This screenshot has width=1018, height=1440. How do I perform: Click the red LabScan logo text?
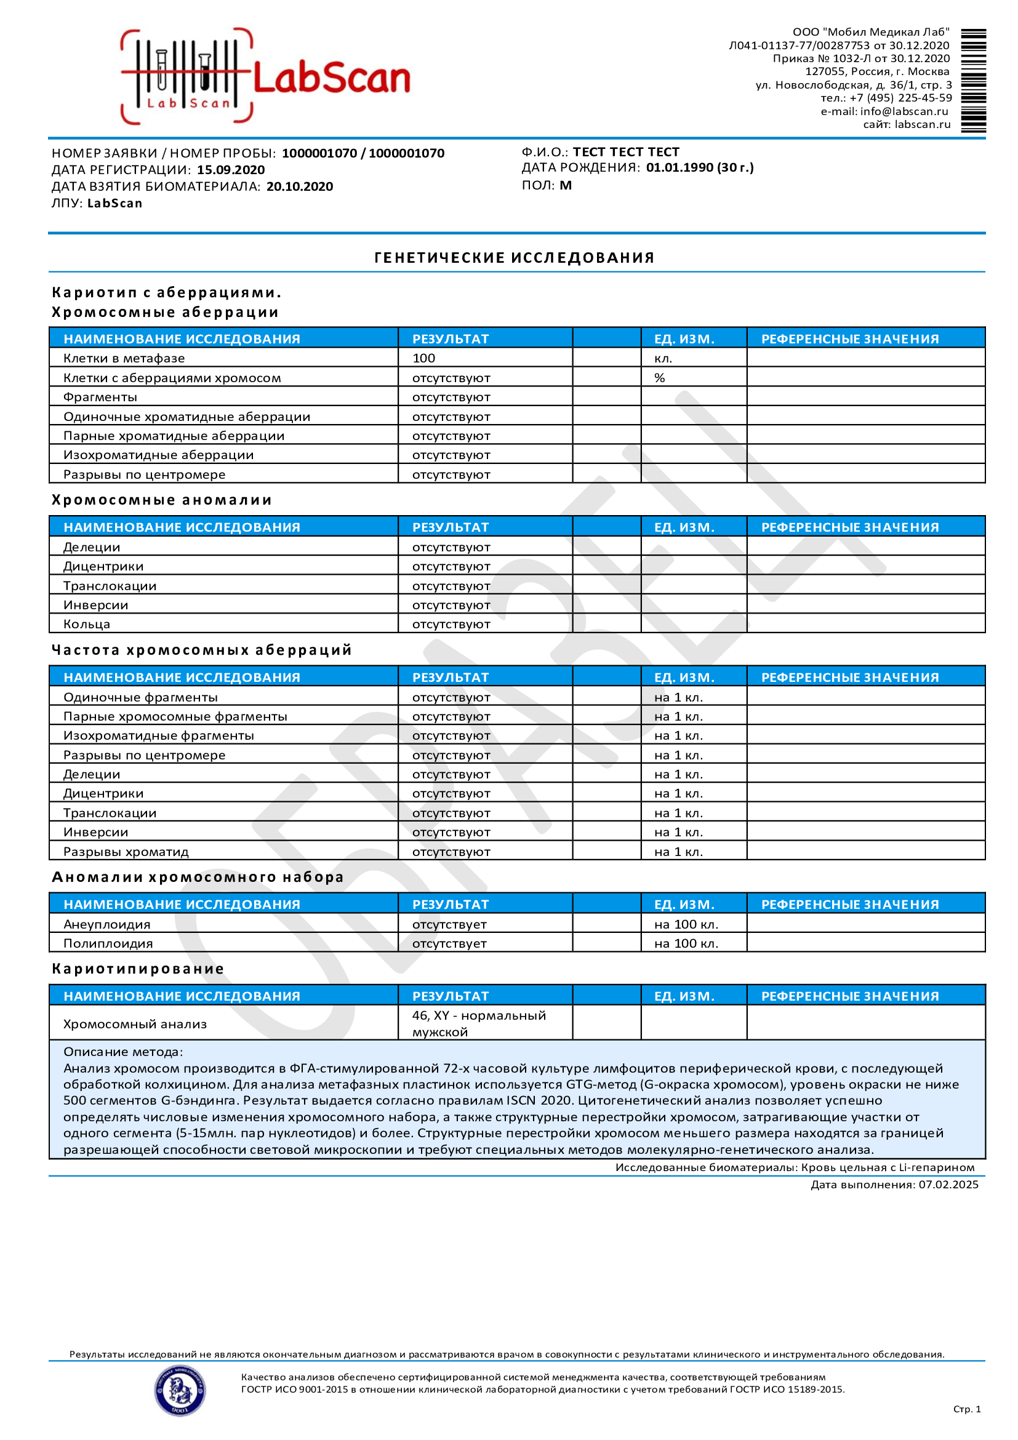pos(331,78)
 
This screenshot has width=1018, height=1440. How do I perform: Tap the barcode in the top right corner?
pos(973,80)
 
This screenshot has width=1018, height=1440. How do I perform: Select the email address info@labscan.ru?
pos(904,111)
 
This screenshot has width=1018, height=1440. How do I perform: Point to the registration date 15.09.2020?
pos(231,170)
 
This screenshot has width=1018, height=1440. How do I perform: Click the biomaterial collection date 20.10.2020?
pos(300,186)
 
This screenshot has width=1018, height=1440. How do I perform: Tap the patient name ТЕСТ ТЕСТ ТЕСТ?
pos(626,152)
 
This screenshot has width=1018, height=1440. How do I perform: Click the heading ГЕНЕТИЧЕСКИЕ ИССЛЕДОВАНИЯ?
pos(515,258)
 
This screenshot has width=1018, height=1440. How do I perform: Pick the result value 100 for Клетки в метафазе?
pos(424,358)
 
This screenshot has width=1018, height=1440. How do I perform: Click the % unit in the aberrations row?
pos(659,378)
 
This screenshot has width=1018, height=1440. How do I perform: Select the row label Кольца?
pos(87,624)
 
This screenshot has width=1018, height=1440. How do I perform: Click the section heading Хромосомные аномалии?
pos(162,500)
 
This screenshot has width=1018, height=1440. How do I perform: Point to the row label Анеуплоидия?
pos(107,924)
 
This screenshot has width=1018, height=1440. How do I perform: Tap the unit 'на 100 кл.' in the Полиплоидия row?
pos(686,943)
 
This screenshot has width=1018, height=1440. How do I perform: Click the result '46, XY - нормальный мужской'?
pos(479,1023)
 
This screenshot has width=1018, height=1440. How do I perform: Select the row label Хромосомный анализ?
pos(135,1024)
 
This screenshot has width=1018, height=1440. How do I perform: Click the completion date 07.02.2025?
pos(948,1185)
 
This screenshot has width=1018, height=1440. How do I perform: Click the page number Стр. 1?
pos(966,1409)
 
